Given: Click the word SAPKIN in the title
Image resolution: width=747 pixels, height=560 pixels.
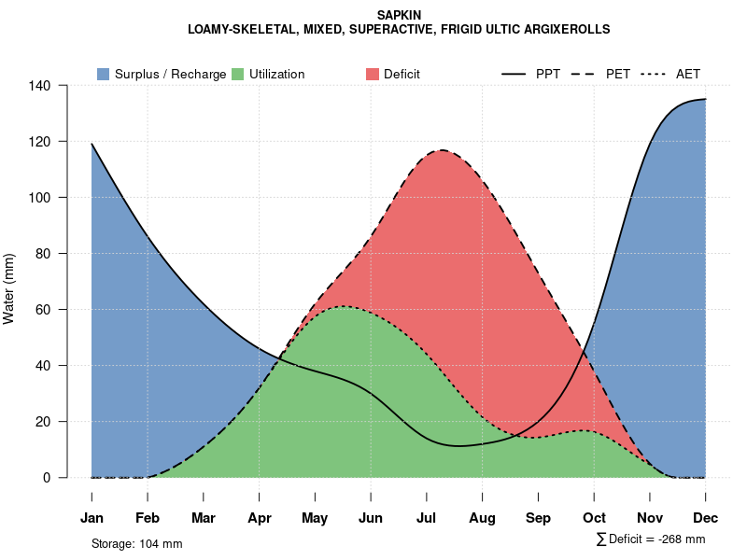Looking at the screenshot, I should point(399,15).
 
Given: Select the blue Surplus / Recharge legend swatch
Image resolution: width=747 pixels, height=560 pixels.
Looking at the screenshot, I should point(103,74).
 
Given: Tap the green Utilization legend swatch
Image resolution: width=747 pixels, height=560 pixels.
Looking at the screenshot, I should point(237,74).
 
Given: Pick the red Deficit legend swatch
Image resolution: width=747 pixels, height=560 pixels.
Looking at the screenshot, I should point(373,74).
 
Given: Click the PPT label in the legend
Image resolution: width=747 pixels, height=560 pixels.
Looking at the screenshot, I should point(548,74).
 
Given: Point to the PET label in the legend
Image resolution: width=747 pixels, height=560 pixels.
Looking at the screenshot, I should point(617,74).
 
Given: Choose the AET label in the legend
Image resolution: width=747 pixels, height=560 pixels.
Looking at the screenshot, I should point(688,74).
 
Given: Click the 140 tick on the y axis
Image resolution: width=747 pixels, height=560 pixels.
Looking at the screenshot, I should point(52,86).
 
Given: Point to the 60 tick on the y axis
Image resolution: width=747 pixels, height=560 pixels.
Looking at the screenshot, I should point(56,310).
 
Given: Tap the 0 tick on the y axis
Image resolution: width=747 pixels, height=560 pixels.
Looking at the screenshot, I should point(59,478).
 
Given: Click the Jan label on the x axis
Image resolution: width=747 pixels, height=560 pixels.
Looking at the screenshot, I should point(92,518).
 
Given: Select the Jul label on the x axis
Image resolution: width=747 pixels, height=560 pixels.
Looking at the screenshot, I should point(427,518).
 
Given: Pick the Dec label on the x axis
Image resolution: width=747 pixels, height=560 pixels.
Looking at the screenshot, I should point(705,518).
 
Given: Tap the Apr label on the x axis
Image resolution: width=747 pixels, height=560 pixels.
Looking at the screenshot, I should point(260,518).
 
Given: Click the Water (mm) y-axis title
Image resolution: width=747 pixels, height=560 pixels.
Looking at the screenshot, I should point(9,288).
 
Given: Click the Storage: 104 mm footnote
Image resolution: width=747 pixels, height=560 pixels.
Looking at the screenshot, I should point(136,543).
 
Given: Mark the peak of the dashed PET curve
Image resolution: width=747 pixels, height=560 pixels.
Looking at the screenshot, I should point(441,150).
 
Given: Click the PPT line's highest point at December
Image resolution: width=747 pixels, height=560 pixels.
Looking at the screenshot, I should point(705,99).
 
